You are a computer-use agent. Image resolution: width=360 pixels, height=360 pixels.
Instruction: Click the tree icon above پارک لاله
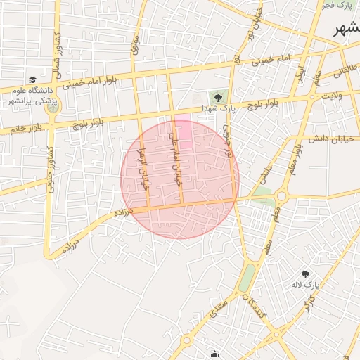(x=305, y=274)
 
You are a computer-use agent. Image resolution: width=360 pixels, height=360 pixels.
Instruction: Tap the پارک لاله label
(x=307, y=285)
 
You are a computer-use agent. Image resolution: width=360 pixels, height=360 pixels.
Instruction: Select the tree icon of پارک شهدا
(x=217, y=96)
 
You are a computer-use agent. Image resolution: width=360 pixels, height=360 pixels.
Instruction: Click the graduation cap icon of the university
(x=32, y=80)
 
